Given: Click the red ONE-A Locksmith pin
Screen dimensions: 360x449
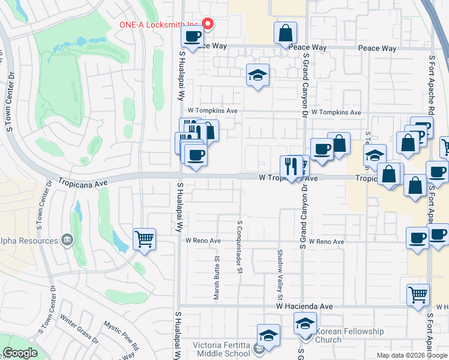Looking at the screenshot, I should [208, 24].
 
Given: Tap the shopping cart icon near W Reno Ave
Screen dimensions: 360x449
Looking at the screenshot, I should [145, 239].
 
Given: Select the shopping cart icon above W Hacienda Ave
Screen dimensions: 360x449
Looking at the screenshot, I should [418, 295].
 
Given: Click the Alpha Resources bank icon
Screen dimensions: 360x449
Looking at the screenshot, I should [67, 241].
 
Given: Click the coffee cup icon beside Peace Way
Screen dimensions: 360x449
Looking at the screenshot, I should [193, 37].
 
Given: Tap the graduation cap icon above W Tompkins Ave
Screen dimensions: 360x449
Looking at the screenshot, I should [258, 75].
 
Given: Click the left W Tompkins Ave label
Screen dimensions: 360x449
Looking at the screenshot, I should [212, 111].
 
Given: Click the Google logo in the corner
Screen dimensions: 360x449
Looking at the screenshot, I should [20, 353].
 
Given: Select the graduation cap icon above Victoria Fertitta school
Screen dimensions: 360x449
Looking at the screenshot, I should [268, 336].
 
